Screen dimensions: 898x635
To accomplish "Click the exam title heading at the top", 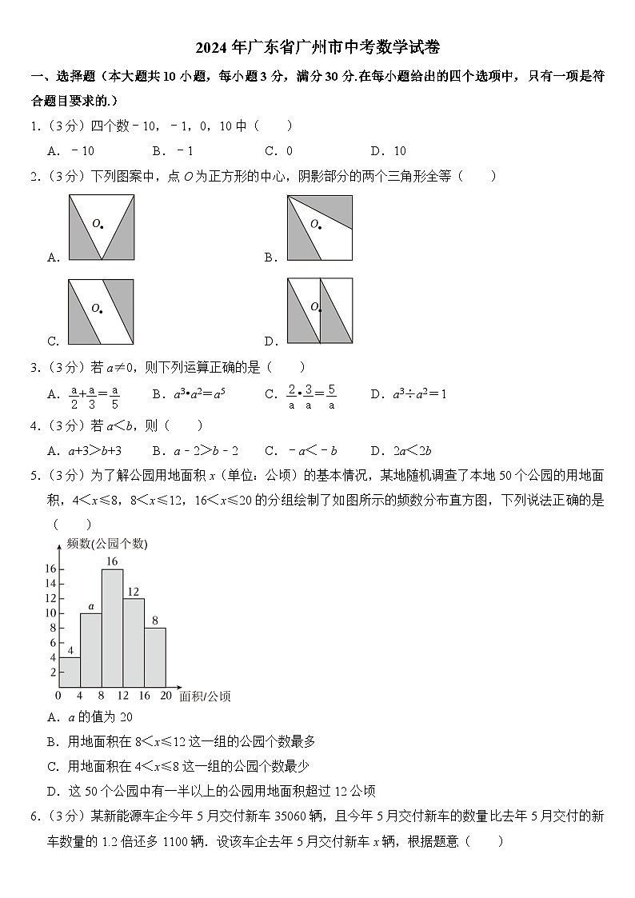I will pos(317,47).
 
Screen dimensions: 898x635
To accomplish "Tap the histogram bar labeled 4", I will pos(70,672).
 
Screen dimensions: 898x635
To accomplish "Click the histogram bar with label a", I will pos(90,650).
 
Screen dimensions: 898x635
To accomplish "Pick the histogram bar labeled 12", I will pos(134,642).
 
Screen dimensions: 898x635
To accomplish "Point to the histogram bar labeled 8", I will pos(155,657).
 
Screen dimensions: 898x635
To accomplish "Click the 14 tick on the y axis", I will pos(50,583).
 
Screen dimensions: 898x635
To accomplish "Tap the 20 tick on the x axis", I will pos(166,696).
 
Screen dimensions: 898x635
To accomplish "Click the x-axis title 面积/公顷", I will pos(205,696).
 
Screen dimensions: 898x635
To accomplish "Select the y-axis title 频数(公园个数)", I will pos(107,544).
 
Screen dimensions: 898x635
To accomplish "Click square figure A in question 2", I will pos(101,228).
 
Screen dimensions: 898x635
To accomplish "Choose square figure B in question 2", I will pos(319,228).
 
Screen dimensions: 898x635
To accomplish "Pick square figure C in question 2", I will pos(101,311).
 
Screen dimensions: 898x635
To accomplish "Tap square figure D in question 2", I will pos(319,311).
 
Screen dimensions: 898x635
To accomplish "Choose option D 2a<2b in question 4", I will pos(412,450).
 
